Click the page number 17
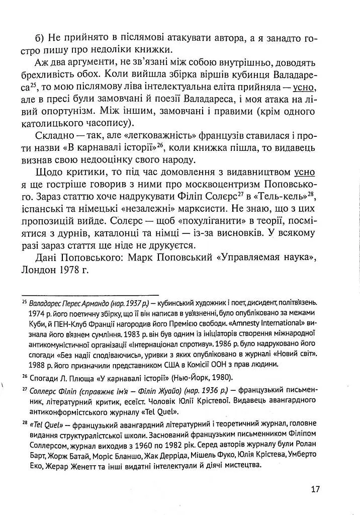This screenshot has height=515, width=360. pyautogui.click(x=315, y=489)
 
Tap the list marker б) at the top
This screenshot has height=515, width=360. pyautogui.click(x=40, y=38)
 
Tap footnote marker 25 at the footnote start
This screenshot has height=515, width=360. pyautogui.click(x=25, y=302)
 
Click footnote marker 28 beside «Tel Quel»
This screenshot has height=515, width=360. pyautogui.click(x=25, y=422)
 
